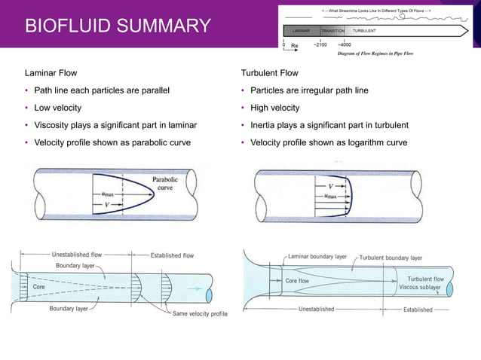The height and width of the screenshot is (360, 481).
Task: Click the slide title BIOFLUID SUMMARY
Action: (118, 27)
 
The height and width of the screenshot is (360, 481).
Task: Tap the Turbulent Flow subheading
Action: (269, 73)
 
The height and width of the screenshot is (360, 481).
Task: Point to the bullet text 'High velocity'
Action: (275, 108)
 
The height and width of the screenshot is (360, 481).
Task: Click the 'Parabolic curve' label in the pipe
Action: (165, 185)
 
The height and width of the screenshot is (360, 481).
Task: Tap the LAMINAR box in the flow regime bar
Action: (299, 32)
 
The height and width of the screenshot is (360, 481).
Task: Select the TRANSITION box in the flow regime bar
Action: (332, 32)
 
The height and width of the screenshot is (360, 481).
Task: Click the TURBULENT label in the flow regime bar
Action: (365, 32)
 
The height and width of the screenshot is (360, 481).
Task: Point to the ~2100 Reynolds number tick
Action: (320, 45)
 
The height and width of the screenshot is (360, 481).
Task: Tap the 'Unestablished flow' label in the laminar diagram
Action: (82, 255)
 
